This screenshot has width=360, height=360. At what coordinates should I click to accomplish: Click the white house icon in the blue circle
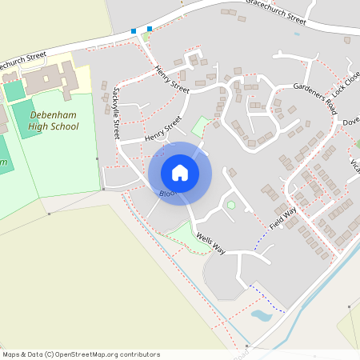pos(180,173)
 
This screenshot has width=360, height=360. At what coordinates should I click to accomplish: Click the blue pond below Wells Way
pos(262,315)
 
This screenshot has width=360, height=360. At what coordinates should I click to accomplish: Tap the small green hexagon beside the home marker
pos(231,206)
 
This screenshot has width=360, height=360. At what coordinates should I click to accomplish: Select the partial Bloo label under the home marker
pos(166,194)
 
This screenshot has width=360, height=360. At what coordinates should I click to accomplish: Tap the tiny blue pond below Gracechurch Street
pos(297,34)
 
